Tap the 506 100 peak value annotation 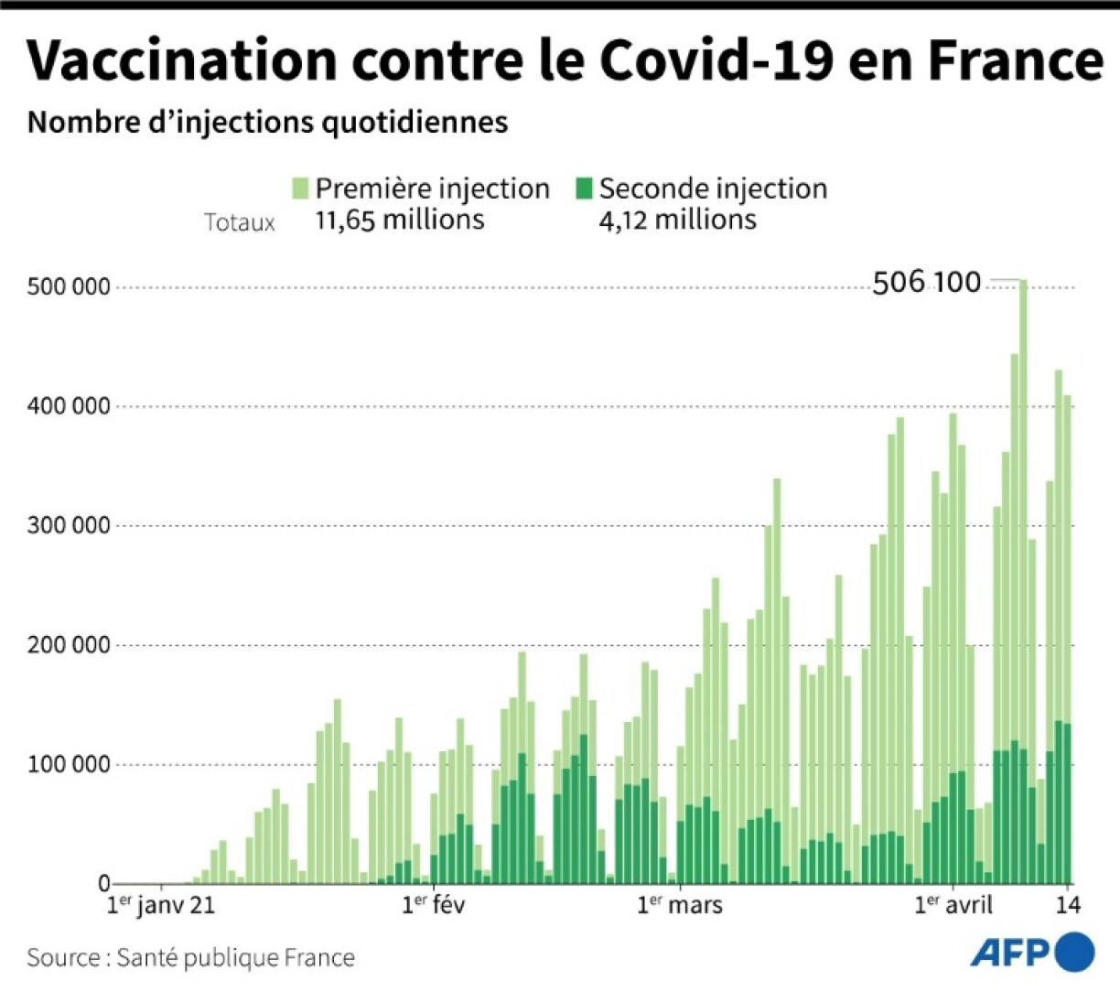coord(926,283)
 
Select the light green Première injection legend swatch coord(301,189)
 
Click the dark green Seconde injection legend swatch coord(584,189)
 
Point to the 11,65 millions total coord(400,220)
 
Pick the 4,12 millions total coord(677,220)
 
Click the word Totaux coord(240,222)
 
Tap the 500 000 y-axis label coord(69,287)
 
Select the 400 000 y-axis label coord(69,406)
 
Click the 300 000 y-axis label coord(69,526)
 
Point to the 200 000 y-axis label coord(69,645)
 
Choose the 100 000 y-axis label coord(69,765)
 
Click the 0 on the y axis coord(104,884)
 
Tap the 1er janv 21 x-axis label coord(161,905)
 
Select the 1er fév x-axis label coord(433,905)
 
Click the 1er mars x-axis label coord(679,905)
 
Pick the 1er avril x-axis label coord(953,905)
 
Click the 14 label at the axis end coord(1068,905)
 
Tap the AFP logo coord(1032,953)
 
